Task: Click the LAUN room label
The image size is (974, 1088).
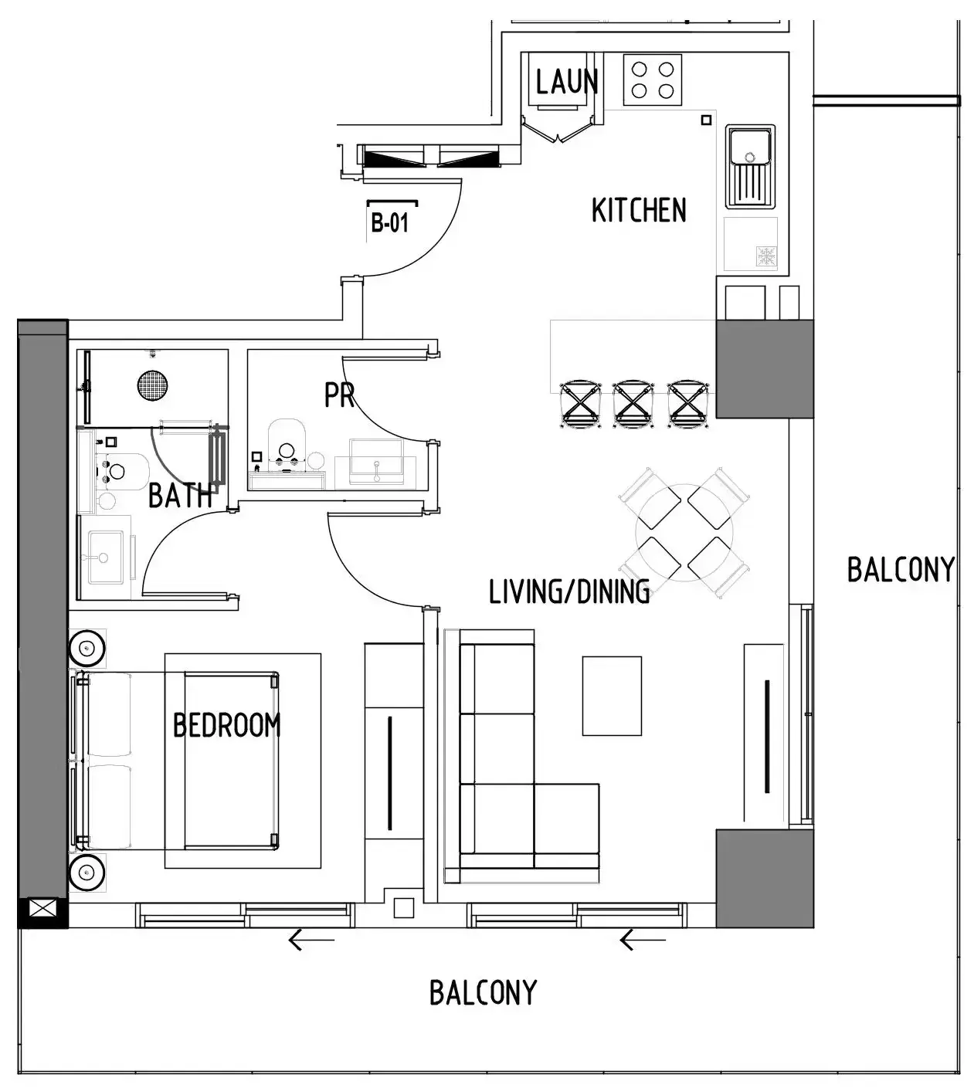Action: pos(567,82)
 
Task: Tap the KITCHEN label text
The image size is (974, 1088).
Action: pos(639,210)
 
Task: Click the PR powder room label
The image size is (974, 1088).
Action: pos(340,395)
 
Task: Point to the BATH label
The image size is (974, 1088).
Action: pos(180,495)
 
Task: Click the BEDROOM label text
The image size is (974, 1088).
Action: pos(227,725)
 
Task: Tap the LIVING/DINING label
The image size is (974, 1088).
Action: pos(569,591)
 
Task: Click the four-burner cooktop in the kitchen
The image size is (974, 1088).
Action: pos(653,80)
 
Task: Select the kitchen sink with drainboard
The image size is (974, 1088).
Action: pos(750,167)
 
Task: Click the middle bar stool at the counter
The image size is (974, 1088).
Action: pos(633,405)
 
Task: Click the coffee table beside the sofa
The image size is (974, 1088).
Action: pos(612,696)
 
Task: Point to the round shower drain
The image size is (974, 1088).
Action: pos(153,385)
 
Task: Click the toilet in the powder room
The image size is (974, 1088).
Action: pos(287,444)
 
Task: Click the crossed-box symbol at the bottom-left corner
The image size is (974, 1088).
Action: pos(42,909)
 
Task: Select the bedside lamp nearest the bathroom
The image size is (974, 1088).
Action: pos(87,648)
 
